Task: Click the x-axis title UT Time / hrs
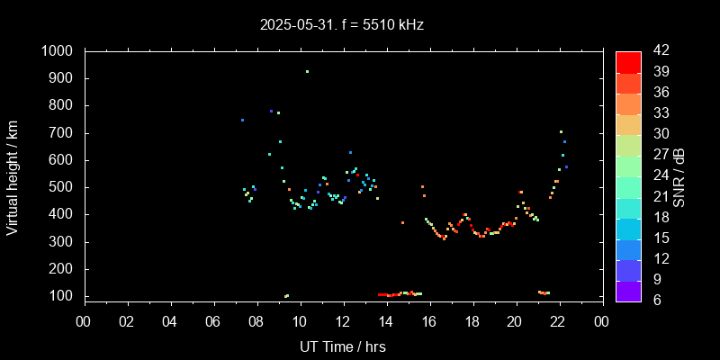[x=343, y=346]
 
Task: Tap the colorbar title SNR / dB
[x=680, y=176]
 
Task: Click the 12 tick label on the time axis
[x=343, y=321]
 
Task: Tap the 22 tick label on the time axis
[x=558, y=321]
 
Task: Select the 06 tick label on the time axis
[x=213, y=321]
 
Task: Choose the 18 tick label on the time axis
[x=472, y=321]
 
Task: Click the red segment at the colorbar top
[x=628, y=61]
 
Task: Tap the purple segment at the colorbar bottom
[x=628, y=291]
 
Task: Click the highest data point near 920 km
[x=307, y=71]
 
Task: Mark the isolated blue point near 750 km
[x=242, y=120]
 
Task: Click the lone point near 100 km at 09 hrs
[x=286, y=296]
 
